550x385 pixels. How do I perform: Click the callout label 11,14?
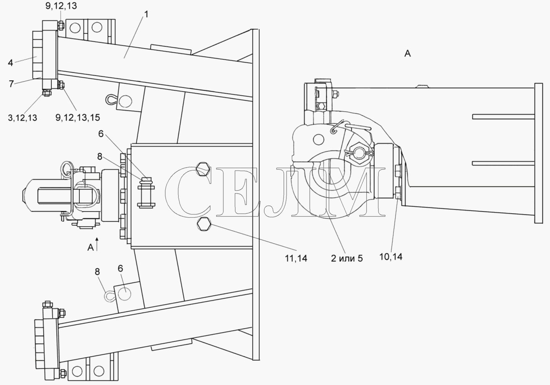point(296,258)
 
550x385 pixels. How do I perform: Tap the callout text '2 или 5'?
point(347,259)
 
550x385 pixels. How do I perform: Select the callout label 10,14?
point(391,257)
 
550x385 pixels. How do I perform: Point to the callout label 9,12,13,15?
point(78,117)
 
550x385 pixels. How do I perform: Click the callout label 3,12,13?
point(23,118)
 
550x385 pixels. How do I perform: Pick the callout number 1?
point(146,15)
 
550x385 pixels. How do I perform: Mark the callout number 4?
point(10,63)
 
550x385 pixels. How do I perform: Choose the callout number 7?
point(11,84)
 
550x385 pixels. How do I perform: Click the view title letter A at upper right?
point(407,54)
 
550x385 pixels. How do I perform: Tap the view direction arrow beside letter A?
point(97,244)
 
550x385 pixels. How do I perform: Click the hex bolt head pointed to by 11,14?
point(204,224)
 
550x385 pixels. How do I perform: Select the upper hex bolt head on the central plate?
point(203,169)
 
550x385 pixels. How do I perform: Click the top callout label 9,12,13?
point(61,6)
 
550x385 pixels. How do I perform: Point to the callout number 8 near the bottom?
point(97,272)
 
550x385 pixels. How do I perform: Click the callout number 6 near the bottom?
point(120,268)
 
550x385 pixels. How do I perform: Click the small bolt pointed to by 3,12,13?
point(46,93)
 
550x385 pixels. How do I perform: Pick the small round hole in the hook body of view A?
point(319,140)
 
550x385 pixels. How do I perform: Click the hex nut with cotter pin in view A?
point(359,153)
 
